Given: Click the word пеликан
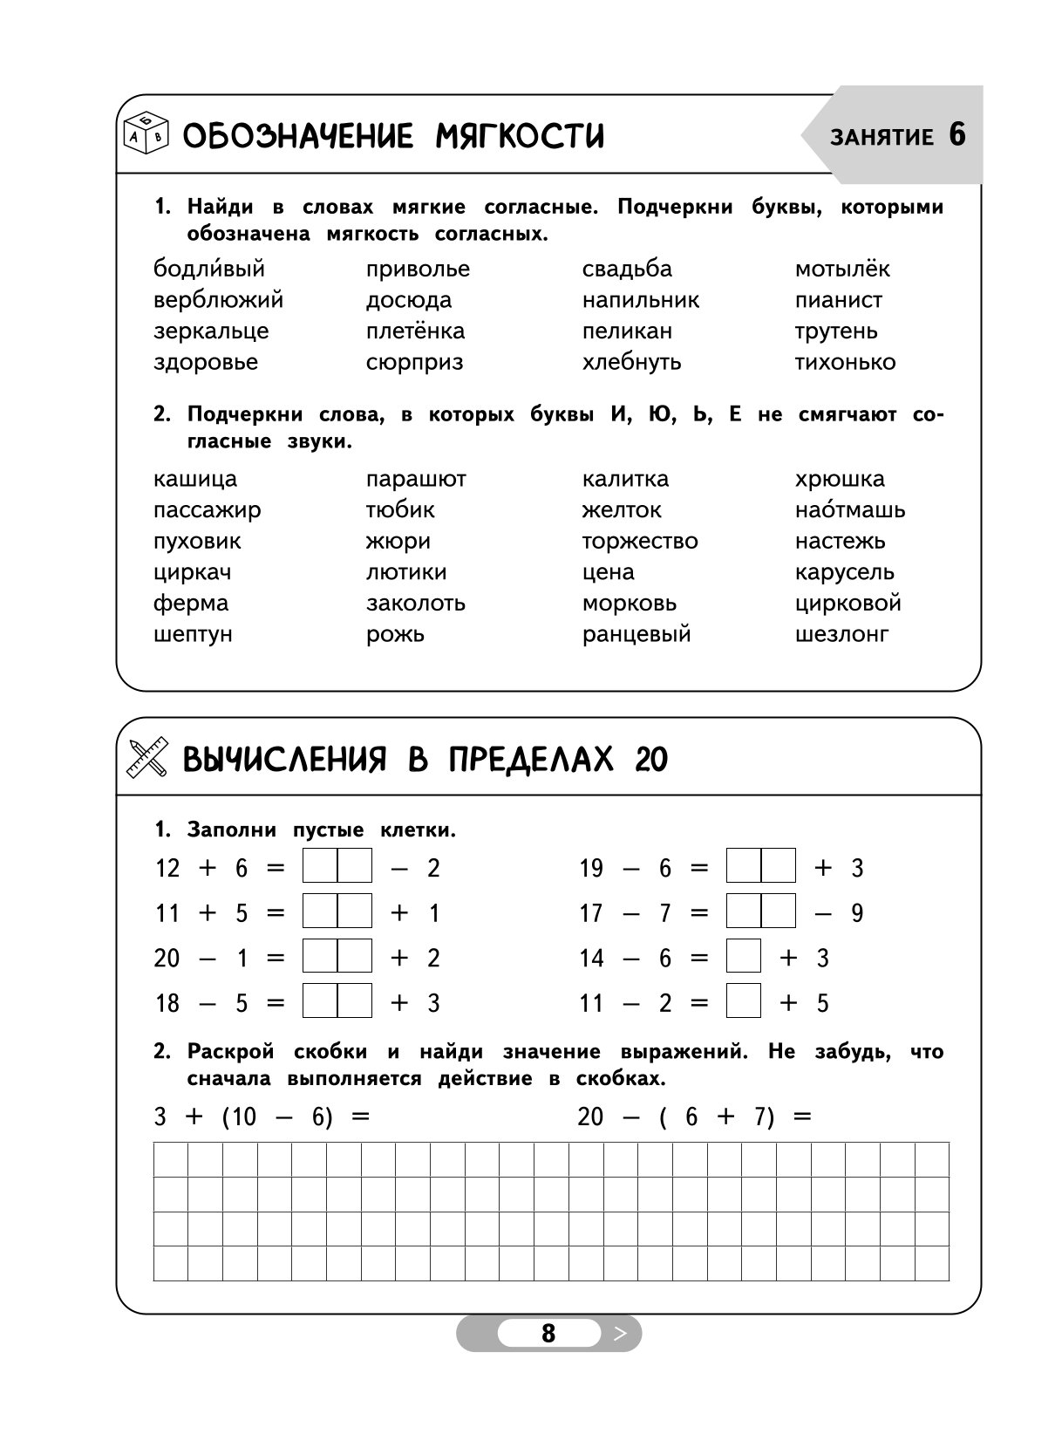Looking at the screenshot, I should (627, 331).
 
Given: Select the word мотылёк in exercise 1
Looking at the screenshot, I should (841, 270).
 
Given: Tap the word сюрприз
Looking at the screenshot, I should (414, 363).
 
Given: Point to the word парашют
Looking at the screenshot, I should (416, 480).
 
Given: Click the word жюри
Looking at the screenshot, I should (398, 542).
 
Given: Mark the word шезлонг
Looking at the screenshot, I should (841, 635).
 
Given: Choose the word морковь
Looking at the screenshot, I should (629, 604).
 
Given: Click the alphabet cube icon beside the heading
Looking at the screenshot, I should (146, 135).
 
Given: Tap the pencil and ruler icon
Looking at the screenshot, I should (146, 758).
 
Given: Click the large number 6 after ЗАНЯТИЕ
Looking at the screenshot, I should (956, 135).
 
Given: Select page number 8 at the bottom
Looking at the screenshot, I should (548, 1334).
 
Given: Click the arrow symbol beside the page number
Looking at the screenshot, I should (620, 1334).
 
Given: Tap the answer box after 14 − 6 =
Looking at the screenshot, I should (743, 957).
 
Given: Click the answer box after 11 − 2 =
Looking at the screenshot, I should (743, 1001).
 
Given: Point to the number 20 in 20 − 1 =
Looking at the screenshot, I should (167, 959).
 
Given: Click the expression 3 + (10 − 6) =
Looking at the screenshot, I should (262, 1117).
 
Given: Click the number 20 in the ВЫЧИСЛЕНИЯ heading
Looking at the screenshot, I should (651, 761).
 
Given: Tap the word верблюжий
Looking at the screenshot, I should (218, 301).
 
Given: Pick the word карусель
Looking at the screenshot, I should (844, 573).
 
